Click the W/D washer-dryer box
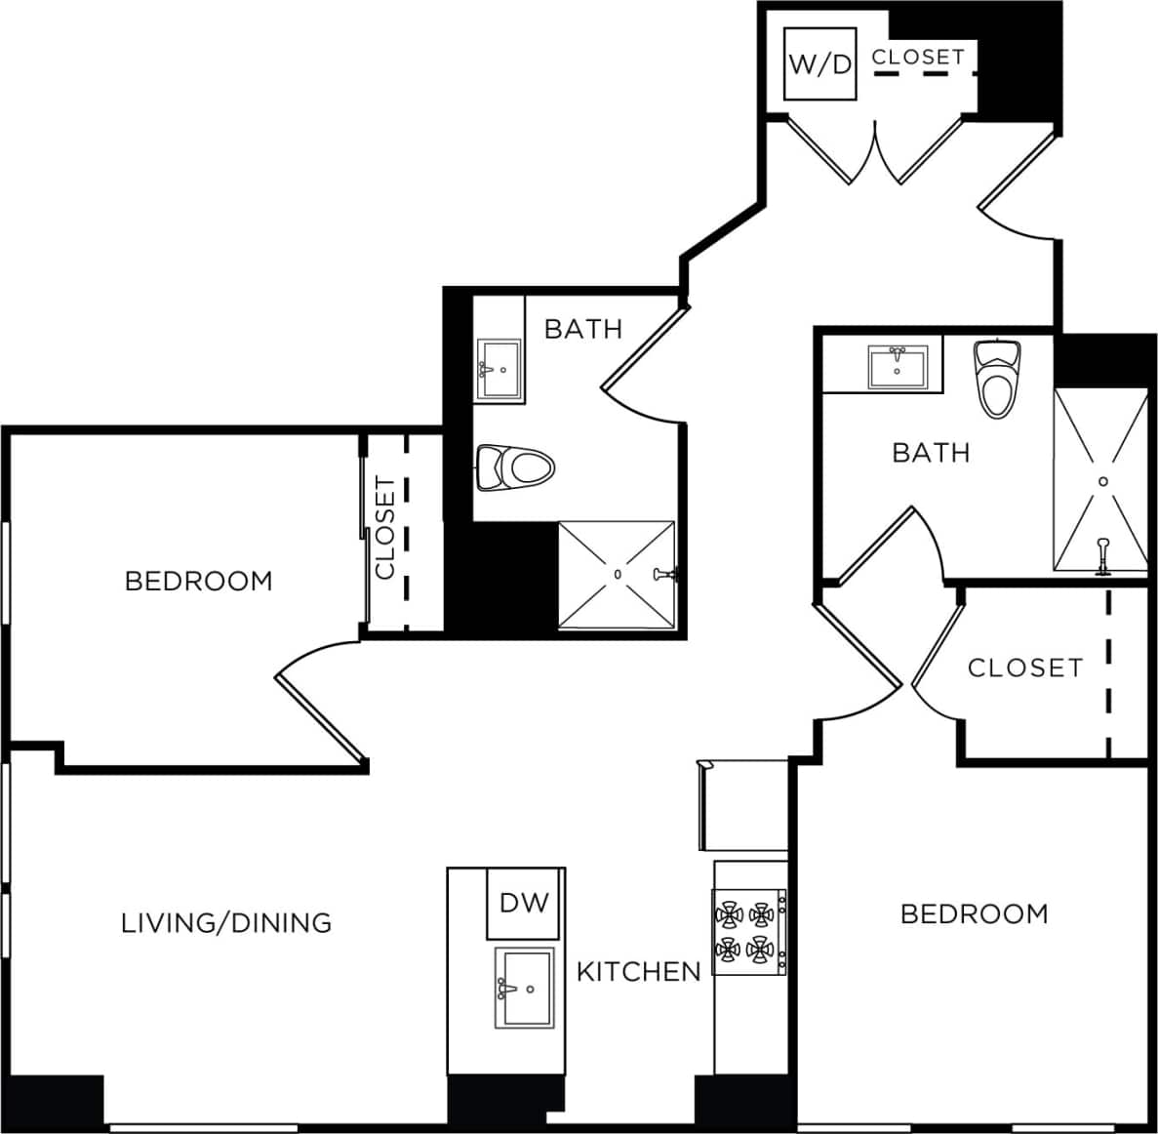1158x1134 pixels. pyautogui.click(x=820, y=64)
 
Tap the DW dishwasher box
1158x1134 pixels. pyautogui.click(x=525, y=903)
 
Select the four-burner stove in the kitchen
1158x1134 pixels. pyautogui.click(x=749, y=931)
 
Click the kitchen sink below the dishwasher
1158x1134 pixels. pyautogui.click(x=525, y=988)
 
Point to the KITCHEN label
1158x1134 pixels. pyautogui.click(x=639, y=972)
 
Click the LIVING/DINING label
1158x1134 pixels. pyautogui.click(x=226, y=922)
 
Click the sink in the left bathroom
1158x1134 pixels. pyautogui.click(x=499, y=370)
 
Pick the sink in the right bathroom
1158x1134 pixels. pyautogui.click(x=897, y=367)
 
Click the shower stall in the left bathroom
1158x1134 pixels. pyautogui.click(x=617, y=575)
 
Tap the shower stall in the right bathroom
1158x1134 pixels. pyautogui.click(x=1101, y=480)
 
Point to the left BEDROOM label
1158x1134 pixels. pyautogui.click(x=199, y=582)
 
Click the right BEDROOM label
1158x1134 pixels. pyautogui.click(x=974, y=914)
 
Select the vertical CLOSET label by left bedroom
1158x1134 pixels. pyautogui.click(x=385, y=528)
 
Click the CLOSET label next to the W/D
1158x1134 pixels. pyautogui.click(x=918, y=58)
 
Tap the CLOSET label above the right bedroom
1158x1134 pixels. pyautogui.click(x=1025, y=668)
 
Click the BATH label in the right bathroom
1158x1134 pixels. pyautogui.click(x=931, y=453)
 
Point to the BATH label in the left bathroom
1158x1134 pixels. pyautogui.click(x=582, y=329)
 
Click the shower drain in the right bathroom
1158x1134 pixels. pyautogui.click(x=1103, y=481)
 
